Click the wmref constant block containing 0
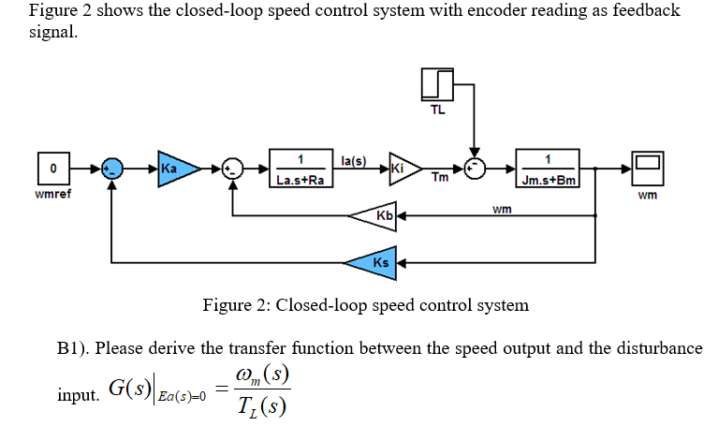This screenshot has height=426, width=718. (x=53, y=169)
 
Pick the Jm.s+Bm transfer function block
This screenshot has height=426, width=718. (x=548, y=169)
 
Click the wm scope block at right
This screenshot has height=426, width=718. (x=646, y=169)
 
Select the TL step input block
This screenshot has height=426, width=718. (x=437, y=86)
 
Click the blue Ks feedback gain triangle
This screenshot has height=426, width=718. (x=374, y=262)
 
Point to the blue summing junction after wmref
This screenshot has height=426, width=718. (x=111, y=169)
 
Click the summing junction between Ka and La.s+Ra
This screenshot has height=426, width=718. (x=232, y=169)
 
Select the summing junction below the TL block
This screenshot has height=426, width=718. (x=476, y=169)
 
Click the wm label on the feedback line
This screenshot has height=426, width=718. (x=502, y=208)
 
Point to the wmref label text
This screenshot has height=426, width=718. (x=52, y=195)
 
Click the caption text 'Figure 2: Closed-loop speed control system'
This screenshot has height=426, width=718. (x=365, y=305)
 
